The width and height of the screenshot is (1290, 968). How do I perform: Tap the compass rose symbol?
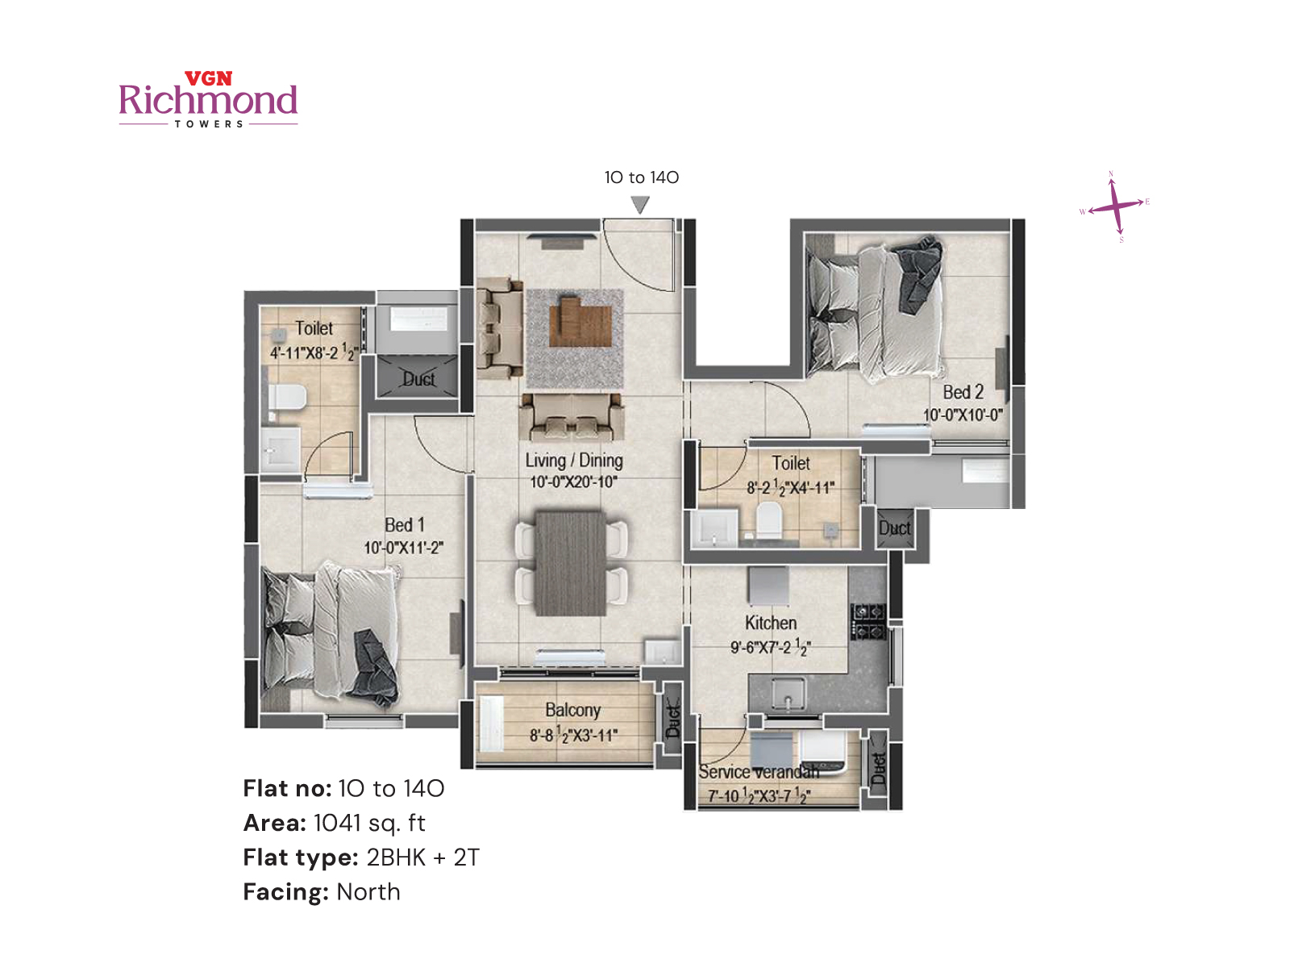pyautogui.click(x=1115, y=207)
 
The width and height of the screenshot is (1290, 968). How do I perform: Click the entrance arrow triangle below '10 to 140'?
pyautogui.click(x=640, y=205)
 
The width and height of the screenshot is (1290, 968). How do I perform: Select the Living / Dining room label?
pyautogui.click(x=574, y=461)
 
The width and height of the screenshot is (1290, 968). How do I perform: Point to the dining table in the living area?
pyautogui.click(x=570, y=562)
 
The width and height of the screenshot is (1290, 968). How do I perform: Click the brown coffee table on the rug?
pyautogui.click(x=579, y=322)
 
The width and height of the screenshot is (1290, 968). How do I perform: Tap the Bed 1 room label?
pyautogui.click(x=404, y=525)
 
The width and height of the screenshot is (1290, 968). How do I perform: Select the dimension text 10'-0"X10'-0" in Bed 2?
pyautogui.click(x=963, y=415)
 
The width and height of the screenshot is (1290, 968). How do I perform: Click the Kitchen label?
pyautogui.click(x=771, y=623)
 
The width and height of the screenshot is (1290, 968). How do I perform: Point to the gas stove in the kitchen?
pyautogui.click(x=868, y=621)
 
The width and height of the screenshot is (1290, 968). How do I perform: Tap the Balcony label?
pyautogui.click(x=572, y=710)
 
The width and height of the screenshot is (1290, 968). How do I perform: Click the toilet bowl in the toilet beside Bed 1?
pyautogui.click(x=287, y=398)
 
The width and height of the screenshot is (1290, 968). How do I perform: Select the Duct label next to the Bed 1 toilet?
pyautogui.click(x=418, y=379)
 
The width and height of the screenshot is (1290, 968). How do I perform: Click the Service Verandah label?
pyautogui.click(x=758, y=772)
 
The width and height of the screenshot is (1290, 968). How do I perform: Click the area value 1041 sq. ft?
pyautogui.click(x=368, y=823)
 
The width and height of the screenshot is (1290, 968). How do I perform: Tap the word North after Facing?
pyautogui.click(x=368, y=892)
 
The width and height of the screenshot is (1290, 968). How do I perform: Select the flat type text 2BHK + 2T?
pyautogui.click(x=422, y=857)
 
